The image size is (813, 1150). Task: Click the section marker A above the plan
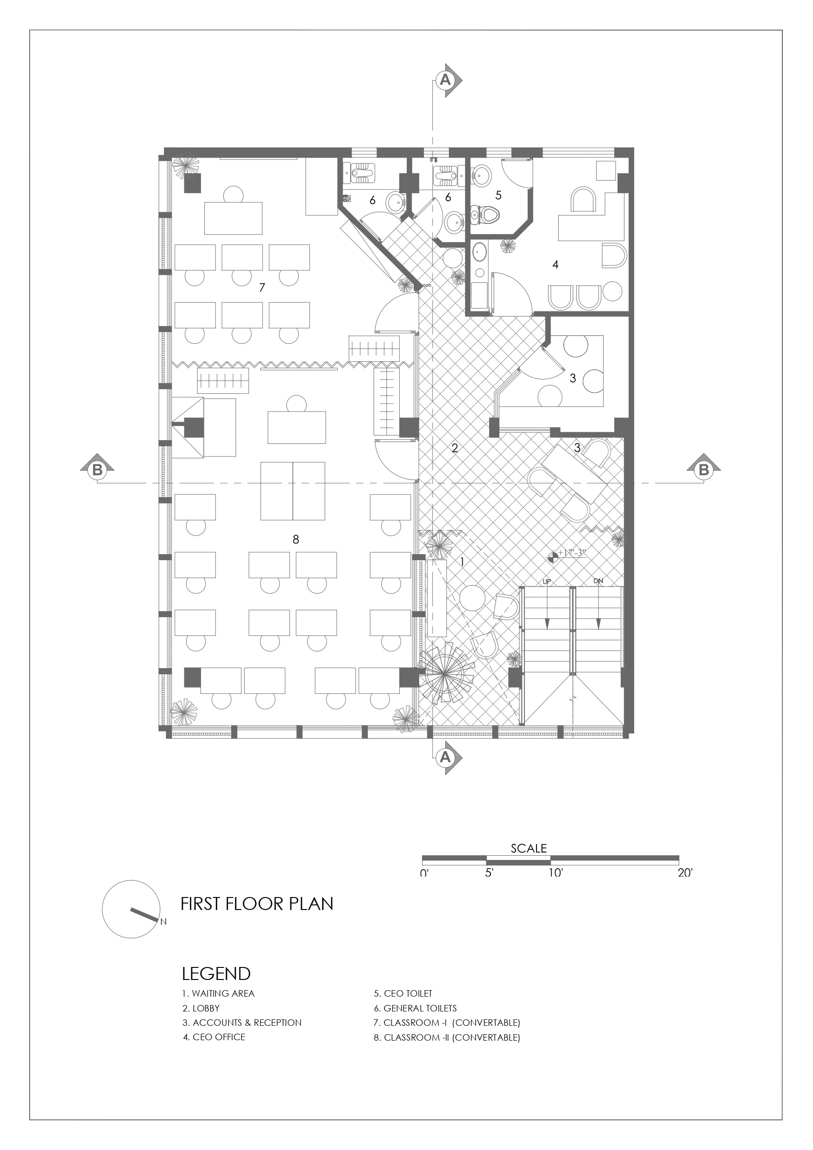[447, 80]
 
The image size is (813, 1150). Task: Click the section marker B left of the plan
[97, 469]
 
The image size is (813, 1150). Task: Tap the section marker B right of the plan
[703, 469]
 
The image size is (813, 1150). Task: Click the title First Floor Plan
[257, 903]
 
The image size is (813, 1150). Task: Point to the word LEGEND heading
[216, 973]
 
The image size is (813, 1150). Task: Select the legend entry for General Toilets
[415, 1008]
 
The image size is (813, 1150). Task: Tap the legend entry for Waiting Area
[218, 994]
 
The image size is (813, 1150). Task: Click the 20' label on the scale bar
[685, 872]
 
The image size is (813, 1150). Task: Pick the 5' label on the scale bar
[489, 872]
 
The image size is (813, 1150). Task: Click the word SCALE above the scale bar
[529, 848]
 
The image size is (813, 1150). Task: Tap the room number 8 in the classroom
[296, 539]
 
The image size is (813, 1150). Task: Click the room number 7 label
[261, 287]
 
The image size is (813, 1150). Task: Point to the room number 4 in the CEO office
[555, 264]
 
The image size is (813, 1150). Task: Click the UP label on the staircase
[547, 581]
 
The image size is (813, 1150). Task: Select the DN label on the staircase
[598, 581]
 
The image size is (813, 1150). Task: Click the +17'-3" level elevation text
[572, 554]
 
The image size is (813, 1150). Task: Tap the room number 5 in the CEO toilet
[498, 195]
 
